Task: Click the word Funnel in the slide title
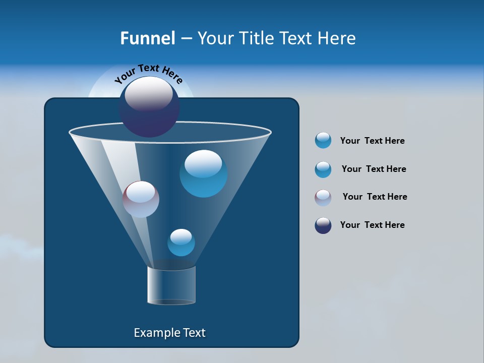147,38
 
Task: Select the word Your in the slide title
215,38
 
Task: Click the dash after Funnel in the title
186,39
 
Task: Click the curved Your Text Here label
149,73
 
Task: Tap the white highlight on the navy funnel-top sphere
149,94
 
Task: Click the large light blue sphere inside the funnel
203,174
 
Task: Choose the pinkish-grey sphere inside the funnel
141,199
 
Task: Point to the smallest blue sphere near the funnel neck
181,243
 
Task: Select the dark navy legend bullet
323,225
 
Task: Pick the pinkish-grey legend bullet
323,198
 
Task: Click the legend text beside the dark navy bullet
372,225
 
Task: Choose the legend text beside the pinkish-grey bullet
375,197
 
